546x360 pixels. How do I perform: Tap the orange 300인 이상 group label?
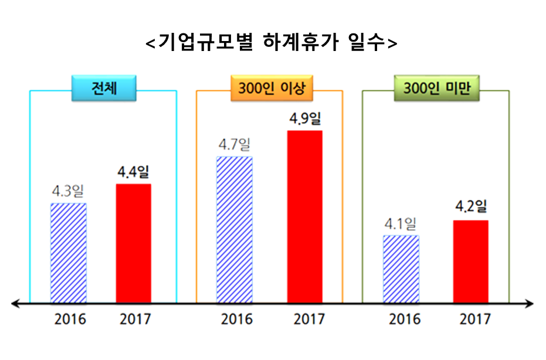270,89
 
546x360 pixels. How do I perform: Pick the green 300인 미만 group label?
436,89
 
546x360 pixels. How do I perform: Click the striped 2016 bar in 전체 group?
69,253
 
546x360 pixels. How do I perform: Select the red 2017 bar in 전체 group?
133,243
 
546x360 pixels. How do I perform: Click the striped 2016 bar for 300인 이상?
235,230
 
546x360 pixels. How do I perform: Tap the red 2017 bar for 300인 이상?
305,216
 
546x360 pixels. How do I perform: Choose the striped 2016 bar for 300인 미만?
401,269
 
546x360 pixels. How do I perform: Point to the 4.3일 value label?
68,191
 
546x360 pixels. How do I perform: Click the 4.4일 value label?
133,172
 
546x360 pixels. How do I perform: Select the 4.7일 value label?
234,144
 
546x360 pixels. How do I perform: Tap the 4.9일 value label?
305,119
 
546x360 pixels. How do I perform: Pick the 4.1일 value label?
401,223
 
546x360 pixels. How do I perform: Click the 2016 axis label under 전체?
70,320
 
